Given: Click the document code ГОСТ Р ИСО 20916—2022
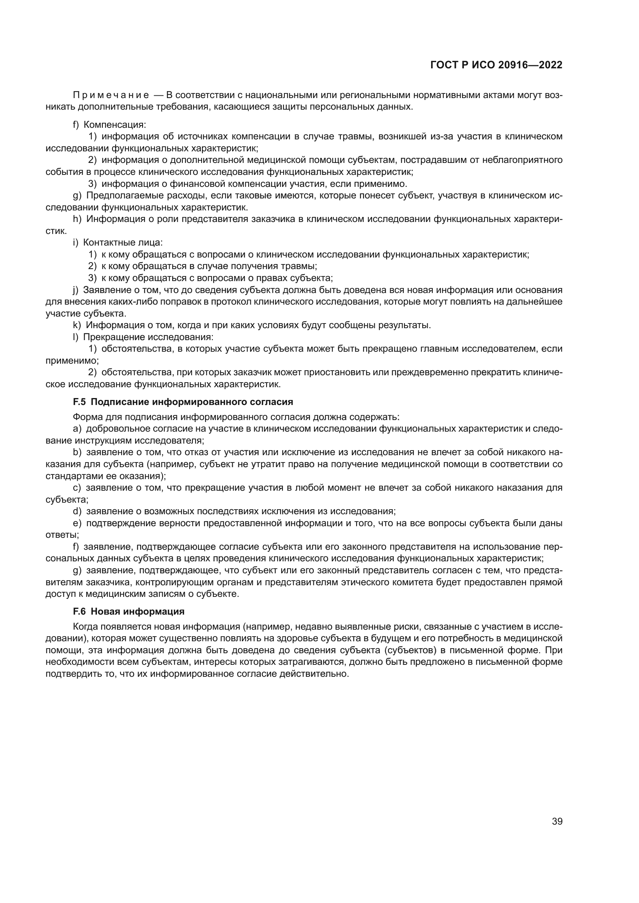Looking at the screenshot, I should point(496,65).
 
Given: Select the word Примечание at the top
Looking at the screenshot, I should point(111,95).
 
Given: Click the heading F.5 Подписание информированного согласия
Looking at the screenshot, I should point(183,402).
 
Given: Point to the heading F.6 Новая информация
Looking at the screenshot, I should point(129,612).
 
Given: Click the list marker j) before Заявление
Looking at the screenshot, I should point(76,290).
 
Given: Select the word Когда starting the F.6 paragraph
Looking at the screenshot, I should point(85,627).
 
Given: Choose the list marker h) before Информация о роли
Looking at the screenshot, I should point(77,219).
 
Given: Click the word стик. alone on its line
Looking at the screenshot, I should point(56,231).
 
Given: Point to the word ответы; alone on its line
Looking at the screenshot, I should point(62,535).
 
